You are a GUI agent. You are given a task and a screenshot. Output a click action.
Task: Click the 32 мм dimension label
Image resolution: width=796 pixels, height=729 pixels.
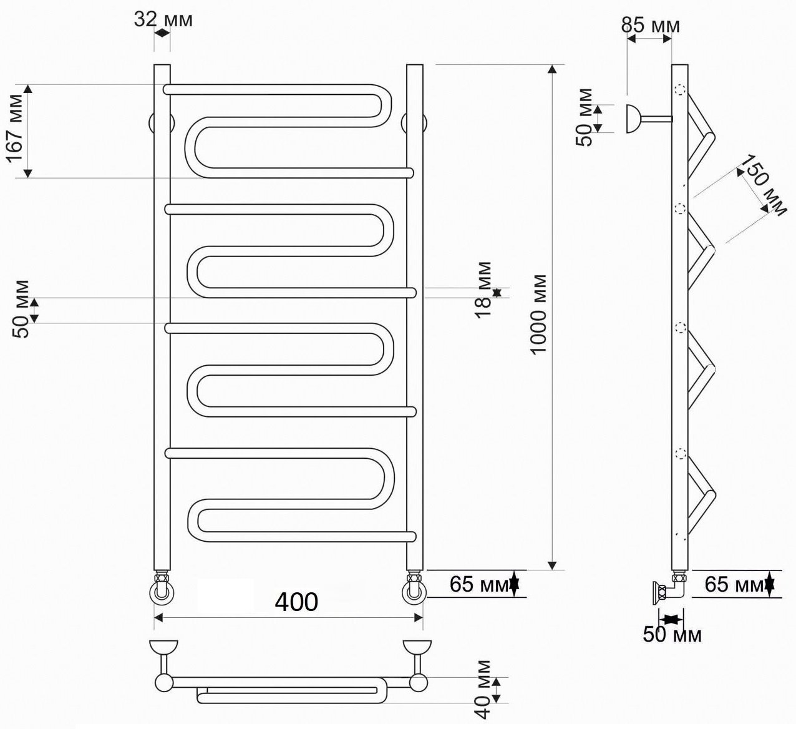(x=163, y=19)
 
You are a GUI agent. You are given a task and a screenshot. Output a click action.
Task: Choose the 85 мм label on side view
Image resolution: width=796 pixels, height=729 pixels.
(x=650, y=26)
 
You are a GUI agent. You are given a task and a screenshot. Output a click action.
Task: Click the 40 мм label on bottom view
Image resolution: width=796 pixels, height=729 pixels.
(x=483, y=688)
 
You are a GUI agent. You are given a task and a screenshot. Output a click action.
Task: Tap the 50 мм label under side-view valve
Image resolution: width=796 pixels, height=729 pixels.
(x=672, y=635)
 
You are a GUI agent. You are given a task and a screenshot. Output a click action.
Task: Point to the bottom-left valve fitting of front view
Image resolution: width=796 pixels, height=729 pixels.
(x=162, y=588)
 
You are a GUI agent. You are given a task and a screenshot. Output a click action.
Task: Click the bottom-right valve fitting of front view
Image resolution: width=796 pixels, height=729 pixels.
(x=415, y=588)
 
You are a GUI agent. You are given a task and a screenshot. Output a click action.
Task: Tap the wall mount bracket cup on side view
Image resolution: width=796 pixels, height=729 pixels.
(x=634, y=119)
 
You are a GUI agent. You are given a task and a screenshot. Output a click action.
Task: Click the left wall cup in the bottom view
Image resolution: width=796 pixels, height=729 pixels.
(x=164, y=647)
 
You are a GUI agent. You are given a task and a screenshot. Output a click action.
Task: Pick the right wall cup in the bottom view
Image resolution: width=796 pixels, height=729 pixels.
(x=417, y=647)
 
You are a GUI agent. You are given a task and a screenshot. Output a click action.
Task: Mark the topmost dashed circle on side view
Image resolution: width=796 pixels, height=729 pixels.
(x=679, y=90)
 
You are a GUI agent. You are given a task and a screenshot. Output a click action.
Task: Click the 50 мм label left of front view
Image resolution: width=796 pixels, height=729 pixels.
(x=23, y=309)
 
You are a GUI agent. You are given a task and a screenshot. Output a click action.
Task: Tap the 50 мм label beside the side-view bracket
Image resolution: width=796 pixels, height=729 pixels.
(x=586, y=117)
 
